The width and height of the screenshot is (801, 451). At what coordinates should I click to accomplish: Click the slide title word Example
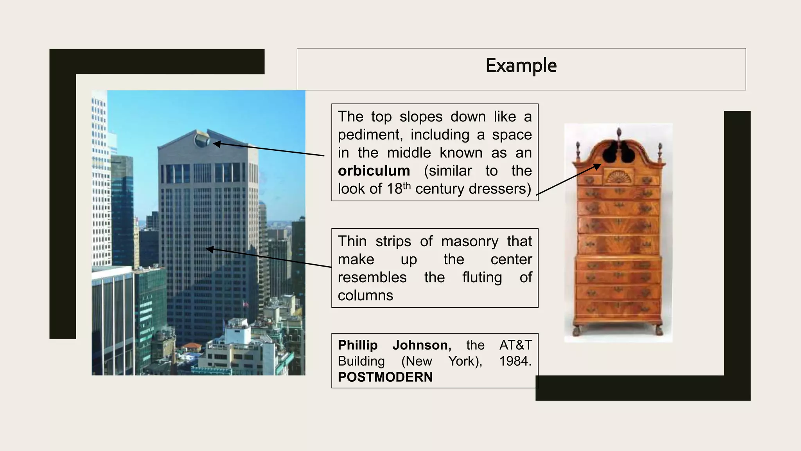point(521,66)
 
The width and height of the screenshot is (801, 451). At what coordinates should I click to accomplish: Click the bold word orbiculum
point(374,171)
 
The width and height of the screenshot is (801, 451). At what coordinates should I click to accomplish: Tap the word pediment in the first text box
point(370,135)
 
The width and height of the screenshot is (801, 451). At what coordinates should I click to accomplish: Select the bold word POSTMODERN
point(385,377)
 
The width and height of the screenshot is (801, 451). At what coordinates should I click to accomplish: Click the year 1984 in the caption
point(514,361)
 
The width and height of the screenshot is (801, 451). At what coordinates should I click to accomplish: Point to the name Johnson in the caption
point(422,345)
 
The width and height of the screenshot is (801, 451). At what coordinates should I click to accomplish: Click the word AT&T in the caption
point(515,345)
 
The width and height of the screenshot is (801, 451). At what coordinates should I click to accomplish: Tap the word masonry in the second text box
point(469,242)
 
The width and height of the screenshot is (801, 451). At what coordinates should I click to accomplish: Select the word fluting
point(482,278)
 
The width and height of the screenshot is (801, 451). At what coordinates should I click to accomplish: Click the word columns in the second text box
point(365,296)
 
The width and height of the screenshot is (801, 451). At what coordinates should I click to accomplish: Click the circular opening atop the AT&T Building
point(202,139)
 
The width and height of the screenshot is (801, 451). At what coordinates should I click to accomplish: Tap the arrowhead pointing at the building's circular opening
point(216,144)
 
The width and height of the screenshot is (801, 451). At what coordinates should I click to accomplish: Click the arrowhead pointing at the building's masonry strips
point(210,249)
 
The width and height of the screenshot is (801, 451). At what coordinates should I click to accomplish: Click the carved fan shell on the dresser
point(618,177)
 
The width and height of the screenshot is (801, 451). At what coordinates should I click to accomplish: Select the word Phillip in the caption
point(357,345)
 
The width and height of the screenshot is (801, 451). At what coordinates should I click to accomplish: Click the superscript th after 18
point(407,185)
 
